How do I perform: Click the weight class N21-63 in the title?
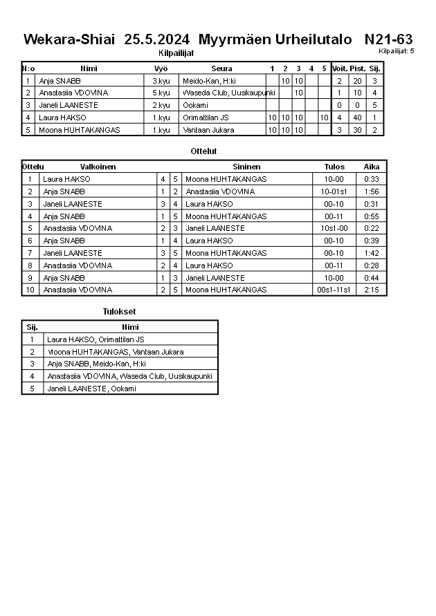pos(388,39)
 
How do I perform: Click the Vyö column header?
pos(161,68)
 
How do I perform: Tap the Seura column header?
pos(221,68)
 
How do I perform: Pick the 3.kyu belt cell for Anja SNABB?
pos(161,81)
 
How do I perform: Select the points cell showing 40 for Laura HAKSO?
pos(357,118)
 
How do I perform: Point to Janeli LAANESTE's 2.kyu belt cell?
pos(161,105)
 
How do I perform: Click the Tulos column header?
pos(334,167)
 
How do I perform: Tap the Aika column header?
pos(372,167)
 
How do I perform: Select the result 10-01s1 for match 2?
pos(334,192)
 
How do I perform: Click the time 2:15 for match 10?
pos(372,290)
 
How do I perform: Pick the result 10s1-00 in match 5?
pos(334,228)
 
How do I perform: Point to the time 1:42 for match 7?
pos(372,253)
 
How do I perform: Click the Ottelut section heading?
pos(203,151)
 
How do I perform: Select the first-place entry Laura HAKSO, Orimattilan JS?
pos(96,339)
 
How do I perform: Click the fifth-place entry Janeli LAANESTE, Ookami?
pos(91,389)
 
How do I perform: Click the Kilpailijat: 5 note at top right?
pos(397,50)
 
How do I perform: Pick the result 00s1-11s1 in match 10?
pos(334,290)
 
